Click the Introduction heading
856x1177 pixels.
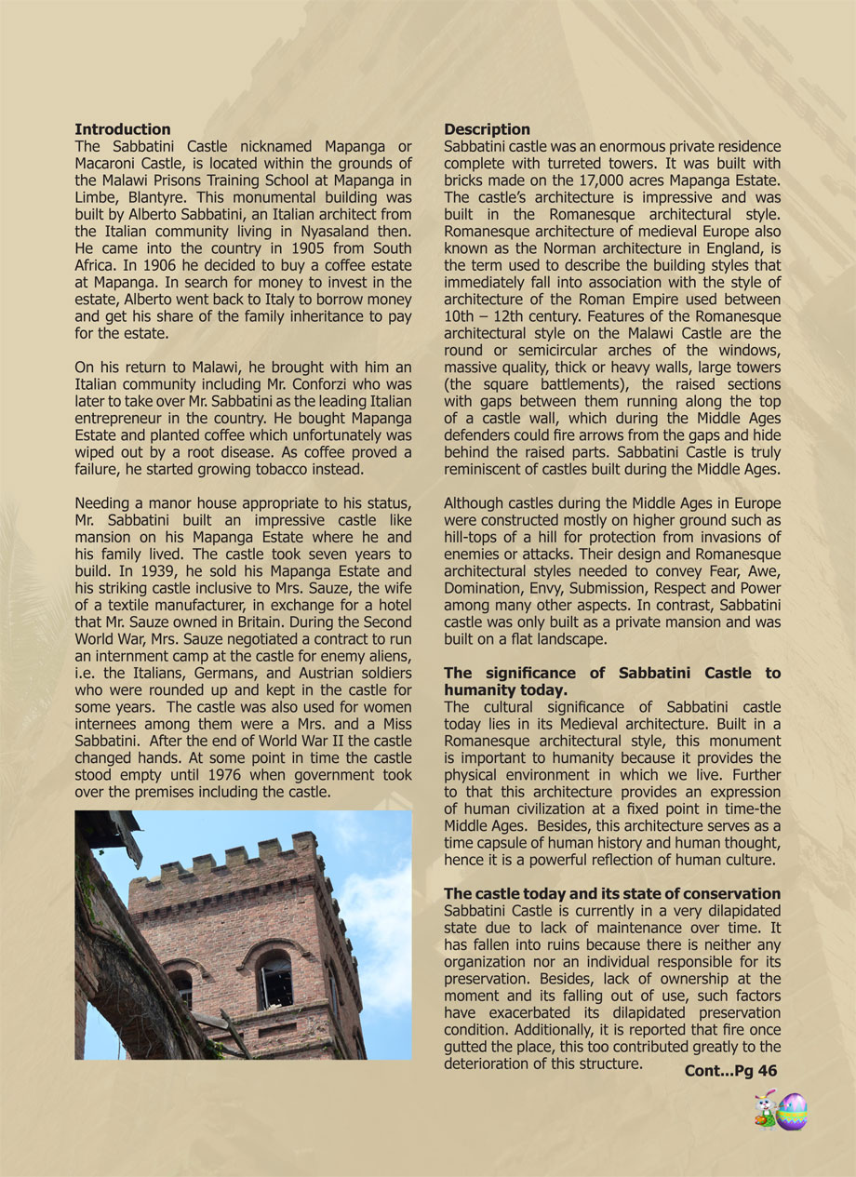coord(123,129)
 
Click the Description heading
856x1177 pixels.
coord(487,129)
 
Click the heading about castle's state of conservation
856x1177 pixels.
coord(611,894)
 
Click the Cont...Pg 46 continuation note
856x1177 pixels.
coord(730,1071)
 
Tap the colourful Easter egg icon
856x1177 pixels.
coord(792,1111)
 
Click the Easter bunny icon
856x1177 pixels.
coord(765,1109)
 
